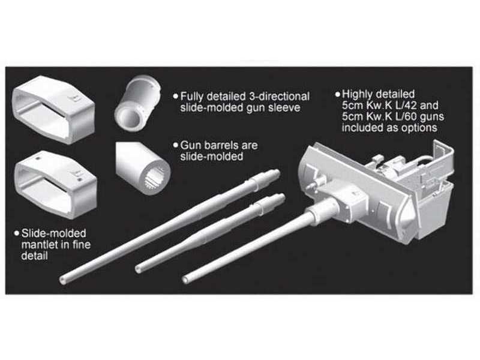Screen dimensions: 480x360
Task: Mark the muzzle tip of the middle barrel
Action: coord(139,269)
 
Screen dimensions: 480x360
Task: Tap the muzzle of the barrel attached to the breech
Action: coord(185,280)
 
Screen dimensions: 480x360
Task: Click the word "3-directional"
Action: coord(279,97)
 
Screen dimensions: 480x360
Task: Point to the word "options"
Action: coord(419,128)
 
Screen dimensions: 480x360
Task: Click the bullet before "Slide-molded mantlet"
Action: coord(17,233)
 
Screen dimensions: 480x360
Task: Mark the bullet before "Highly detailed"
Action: coord(338,94)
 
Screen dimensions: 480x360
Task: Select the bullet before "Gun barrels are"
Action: coord(175,145)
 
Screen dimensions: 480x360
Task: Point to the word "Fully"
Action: coord(192,97)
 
